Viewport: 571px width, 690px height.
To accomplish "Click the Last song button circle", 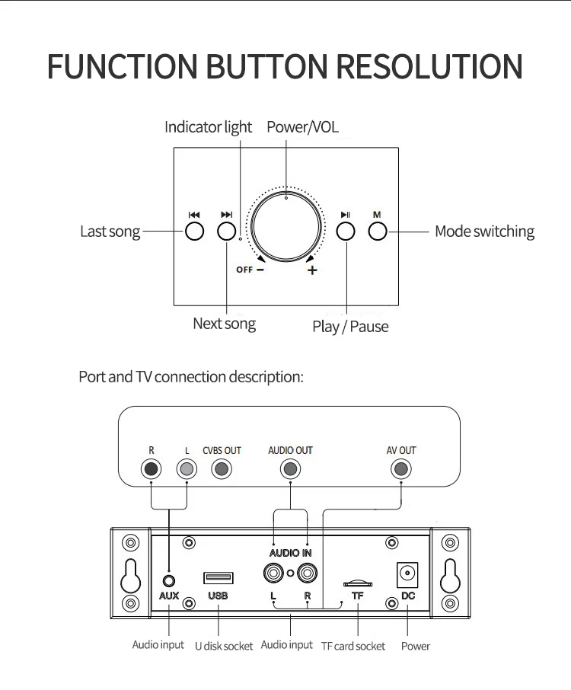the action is [194, 231].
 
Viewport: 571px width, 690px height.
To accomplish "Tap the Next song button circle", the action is [227, 231].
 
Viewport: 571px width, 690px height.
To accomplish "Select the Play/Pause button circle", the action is [346, 231].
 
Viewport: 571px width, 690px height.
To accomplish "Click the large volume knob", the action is [286, 227].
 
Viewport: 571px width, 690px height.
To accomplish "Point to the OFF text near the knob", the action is [244, 270].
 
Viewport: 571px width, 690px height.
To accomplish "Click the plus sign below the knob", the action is [312, 270].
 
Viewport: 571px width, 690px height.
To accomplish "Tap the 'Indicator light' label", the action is [208, 127].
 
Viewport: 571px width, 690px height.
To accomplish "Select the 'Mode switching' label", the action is [484, 232].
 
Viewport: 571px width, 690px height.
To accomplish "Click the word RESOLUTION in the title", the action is [429, 66].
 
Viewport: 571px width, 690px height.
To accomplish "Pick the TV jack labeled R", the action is [151, 469].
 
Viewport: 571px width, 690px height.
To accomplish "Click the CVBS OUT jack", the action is [222, 469].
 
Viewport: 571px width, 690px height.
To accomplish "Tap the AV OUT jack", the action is [400, 469].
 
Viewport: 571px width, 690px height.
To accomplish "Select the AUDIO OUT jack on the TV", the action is [290, 469].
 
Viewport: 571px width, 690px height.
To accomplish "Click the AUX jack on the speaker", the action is [169, 581].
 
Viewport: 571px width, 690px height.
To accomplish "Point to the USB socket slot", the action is [219, 577].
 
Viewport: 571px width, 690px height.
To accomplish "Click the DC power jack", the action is [407, 574].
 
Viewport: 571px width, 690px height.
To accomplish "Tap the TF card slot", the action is [358, 583].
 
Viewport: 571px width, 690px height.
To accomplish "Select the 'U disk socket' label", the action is [224, 646].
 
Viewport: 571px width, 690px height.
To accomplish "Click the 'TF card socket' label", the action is [352, 646].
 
